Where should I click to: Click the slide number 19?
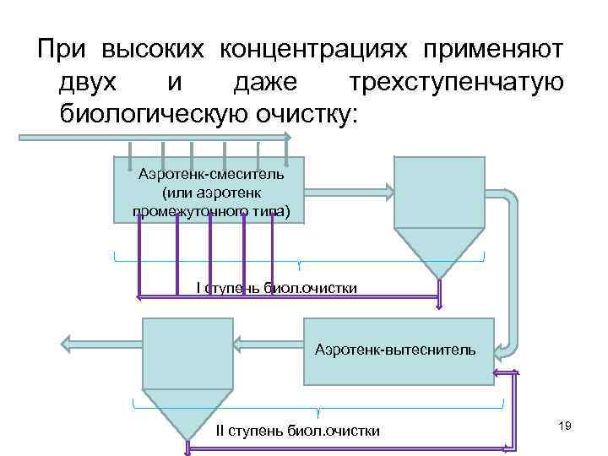[x=565, y=427]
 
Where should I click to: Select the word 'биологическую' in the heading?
[x=149, y=114]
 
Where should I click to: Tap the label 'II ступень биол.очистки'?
[x=297, y=431]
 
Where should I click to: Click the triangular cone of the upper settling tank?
[x=438, y=250]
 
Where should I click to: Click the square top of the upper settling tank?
[x=438, y=191]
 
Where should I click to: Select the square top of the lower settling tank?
[x=187, y=353]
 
